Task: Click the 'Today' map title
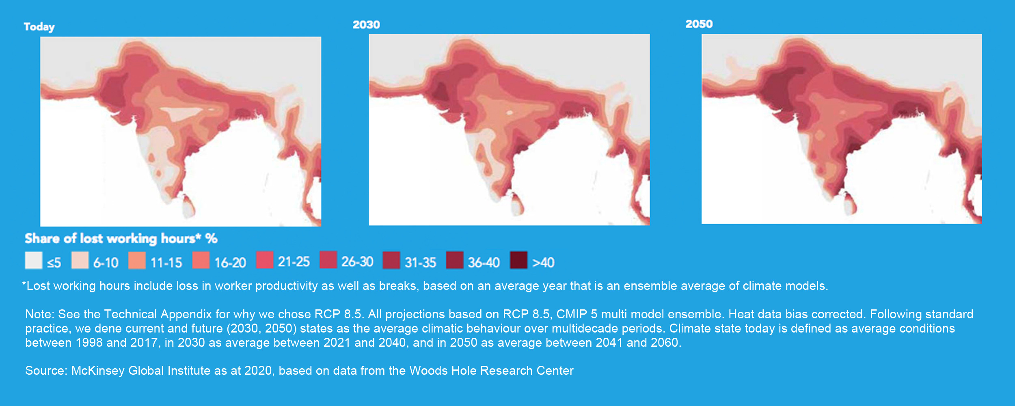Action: (x=39, y=27)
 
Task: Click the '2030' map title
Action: (x=366, y=25)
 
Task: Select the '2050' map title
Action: (x=699, y=24)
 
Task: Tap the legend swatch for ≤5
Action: (x=34, y=260)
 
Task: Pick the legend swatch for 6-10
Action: (x=80, y=260)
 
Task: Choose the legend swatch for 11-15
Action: (x=137, y=260)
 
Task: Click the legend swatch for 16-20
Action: (x=201, y=260)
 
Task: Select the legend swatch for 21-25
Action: (x=264, y=260)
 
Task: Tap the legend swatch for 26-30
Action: (x=328, y=260)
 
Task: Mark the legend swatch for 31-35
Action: (x=391, y=260)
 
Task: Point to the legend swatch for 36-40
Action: (x=455, y=260)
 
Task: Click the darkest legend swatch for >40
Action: (x=519, y=260)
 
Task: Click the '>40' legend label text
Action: (x=543, y=262)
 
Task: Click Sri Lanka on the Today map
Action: (x=188, y=206)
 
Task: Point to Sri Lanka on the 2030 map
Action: (x=517, y=205)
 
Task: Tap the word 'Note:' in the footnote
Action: (x=40, y=314)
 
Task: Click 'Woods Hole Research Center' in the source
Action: (x=491, y=371)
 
